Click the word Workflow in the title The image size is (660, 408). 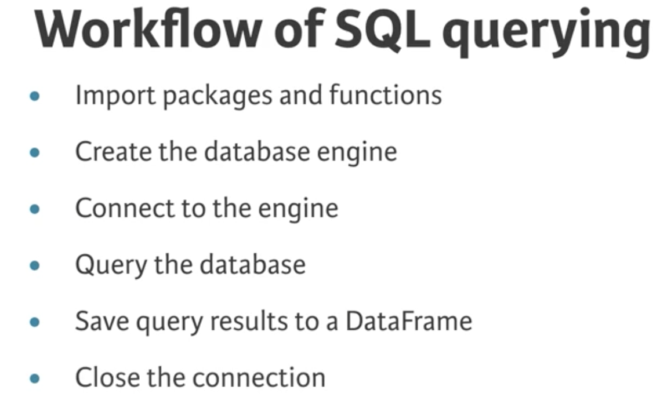[148, 28]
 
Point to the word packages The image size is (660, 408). [217, 96]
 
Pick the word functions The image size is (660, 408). [386, 94]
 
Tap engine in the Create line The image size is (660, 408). [357, 153]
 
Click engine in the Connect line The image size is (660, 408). [298, 209]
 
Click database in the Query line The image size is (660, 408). [252, 264]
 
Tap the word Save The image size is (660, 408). [102, 321]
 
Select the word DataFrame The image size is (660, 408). [409, 321]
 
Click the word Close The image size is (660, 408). [107, 377]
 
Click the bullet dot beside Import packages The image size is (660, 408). [35, 96]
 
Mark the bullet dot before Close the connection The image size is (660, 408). [35, 378]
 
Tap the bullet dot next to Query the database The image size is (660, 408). [35, 265]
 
